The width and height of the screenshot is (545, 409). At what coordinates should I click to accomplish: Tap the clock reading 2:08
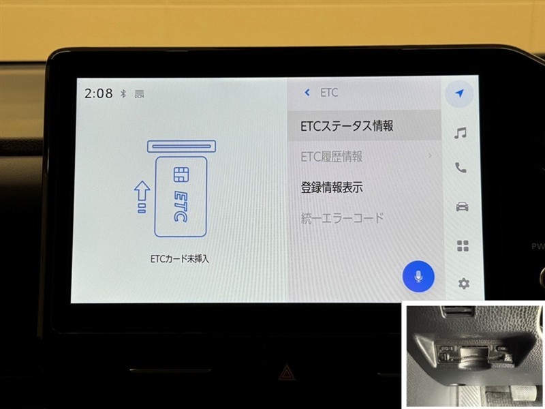(x=98, y=93)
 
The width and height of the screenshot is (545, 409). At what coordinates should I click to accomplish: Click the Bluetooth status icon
(x=123, y=93)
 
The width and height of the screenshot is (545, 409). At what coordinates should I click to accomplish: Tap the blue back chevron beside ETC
(x=307, y=93)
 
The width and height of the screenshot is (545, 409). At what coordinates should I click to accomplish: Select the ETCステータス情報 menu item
(x=347, y=125)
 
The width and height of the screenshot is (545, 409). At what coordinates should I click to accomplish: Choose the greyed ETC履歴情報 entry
(x=332, y=157)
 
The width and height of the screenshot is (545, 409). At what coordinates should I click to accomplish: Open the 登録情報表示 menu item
(x=332, y=187)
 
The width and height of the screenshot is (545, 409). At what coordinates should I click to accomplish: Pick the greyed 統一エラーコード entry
(x=342, y=218)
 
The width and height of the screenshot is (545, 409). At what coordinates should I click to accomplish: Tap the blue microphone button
(x=418, y=277)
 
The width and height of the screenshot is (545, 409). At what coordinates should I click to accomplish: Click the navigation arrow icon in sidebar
(x=459, y=93)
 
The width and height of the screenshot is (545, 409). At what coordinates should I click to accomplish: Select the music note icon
(x=461, y=133)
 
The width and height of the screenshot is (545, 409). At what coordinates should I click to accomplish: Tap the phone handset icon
(x=461, y=168)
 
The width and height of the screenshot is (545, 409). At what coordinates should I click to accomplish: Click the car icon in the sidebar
(x=462, y=207)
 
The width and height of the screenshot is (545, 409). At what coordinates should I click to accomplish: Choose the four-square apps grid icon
(x=463, y=245)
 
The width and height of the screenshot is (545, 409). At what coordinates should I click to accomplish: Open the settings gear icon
(x=464, y=284)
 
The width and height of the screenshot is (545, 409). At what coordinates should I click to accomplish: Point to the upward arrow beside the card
(x=142, y=197)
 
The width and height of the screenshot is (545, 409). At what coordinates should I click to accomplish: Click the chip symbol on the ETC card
(x=181, y=175)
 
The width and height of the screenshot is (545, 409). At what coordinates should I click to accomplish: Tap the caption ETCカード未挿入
(x=180, y=259)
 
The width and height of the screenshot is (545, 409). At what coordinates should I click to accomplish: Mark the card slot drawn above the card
(x=181, y=147)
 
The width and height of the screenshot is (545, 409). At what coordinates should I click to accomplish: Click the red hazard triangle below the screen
(x=286, y=372)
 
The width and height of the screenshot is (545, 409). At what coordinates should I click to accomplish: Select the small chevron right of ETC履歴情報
(x=431, y=156)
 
